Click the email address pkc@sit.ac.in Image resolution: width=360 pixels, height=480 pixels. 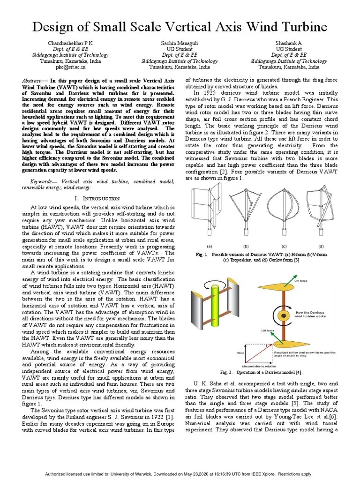point(62,67)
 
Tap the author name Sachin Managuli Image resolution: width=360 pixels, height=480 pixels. point(180,43)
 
